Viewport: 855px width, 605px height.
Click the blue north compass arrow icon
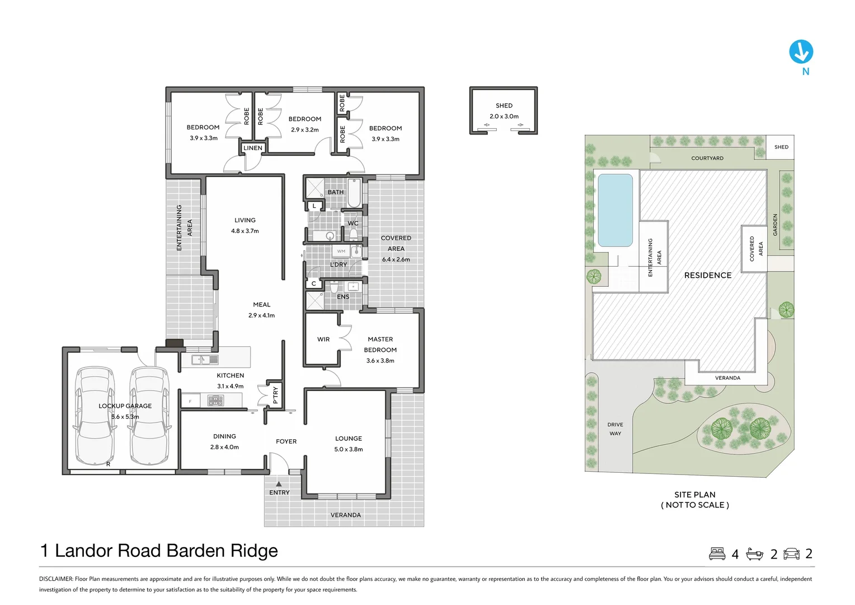pyautogui.click(x=801, y=52)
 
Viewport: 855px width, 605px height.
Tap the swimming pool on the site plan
pyautogui.click(x=615, y=210)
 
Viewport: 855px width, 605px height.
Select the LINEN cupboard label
pyautogui.click(x=253, y=148)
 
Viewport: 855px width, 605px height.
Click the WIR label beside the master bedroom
pyautogui.click(x=323, y=339)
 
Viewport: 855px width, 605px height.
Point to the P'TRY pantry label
pyautogui.click(x=276, y=395)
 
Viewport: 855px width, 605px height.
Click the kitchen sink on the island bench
pyautogui.click(x=205, y=359)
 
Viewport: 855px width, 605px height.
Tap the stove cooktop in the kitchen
pyautogui.click(x=215, y=401)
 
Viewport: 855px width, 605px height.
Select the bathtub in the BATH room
pyautogui.click(x=354, y=193)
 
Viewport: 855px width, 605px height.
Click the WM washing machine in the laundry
pyautogui.click(x=341, y=251)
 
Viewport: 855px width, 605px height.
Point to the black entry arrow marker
pyautogui.click(x=279, y=483)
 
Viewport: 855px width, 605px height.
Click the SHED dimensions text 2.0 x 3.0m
pyautogui.click(x=504, y=116)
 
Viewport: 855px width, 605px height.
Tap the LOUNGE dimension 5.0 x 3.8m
pyautogui.click(x=349, y=449)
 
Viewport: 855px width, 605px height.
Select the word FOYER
pyautogui.click(x=286, y=441)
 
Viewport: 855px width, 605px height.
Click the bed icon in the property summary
pyautogui.click(x=717, y=553)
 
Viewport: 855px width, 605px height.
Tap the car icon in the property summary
pyautogui.click(x=791, y=553)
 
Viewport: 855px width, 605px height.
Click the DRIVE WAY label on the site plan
pyautogui.click(x=615, y=429)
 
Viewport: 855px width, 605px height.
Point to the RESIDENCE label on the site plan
pyautogui.click(x=708, y=275)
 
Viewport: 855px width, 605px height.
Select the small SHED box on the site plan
pyautogui.click(x=780, y=147)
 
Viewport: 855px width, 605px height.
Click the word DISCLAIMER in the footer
pyautogui.click(x=56, y=579)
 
